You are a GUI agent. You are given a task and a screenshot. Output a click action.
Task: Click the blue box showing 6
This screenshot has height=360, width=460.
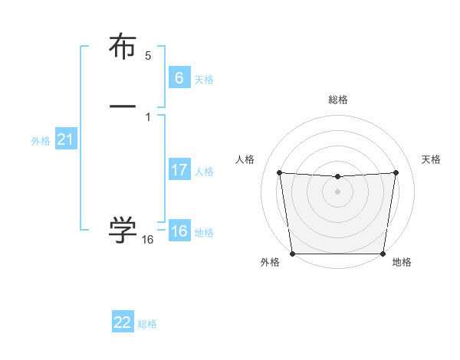click(179, 78)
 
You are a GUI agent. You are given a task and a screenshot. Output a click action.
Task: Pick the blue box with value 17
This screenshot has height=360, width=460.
click(179, 170)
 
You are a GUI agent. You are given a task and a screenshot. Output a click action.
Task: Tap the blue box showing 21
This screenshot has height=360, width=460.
click(65, 139)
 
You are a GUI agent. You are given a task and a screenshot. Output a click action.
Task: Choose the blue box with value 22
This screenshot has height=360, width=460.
click(123, 322)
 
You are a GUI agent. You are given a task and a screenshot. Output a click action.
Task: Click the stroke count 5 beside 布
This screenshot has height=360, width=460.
click(148, 56)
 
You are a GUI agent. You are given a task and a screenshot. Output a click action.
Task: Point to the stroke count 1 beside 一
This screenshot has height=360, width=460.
click(148, 116)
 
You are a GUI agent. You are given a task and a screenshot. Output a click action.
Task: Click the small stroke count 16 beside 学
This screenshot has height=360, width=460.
click(148, 240)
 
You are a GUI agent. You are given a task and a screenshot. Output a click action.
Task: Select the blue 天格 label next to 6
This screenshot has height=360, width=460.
click(204, 80)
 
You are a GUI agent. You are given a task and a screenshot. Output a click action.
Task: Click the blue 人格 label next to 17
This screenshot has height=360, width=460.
click(204, 172)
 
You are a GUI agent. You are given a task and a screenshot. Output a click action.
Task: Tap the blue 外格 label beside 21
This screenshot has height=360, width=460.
click(41, 141)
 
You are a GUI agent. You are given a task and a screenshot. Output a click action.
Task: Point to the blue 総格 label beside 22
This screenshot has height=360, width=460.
click(147, 324)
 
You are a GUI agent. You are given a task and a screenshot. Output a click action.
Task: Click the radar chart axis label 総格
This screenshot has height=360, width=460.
click(337, 100)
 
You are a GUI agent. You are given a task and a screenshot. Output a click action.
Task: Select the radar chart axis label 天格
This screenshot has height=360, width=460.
click(432, 159)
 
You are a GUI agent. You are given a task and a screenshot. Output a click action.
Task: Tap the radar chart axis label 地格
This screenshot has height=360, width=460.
click(402, 262)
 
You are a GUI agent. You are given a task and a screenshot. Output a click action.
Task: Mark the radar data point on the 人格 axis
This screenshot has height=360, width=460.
click(279, 172)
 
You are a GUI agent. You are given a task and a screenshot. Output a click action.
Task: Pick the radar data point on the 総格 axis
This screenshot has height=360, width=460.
click(337, 177)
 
